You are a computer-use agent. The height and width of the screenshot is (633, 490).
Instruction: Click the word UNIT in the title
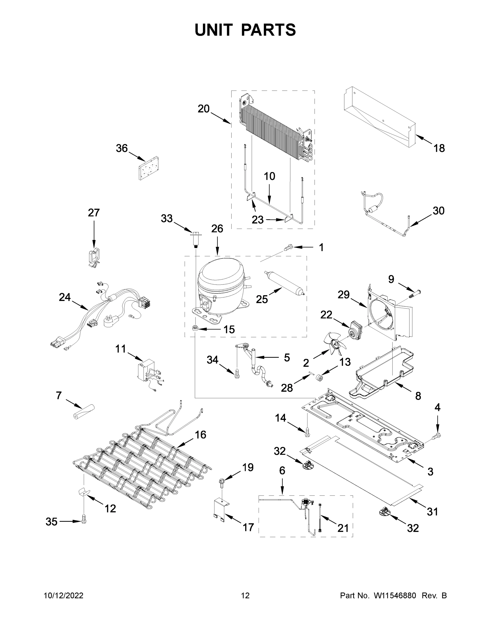point(214,30)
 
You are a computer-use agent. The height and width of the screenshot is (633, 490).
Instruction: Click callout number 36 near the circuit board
point(122,148)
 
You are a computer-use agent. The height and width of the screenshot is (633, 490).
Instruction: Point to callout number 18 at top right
point(439,148)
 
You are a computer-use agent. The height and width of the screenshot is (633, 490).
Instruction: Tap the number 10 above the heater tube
point(269,176)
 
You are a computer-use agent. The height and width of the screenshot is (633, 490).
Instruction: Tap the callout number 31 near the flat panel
point(432,512)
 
